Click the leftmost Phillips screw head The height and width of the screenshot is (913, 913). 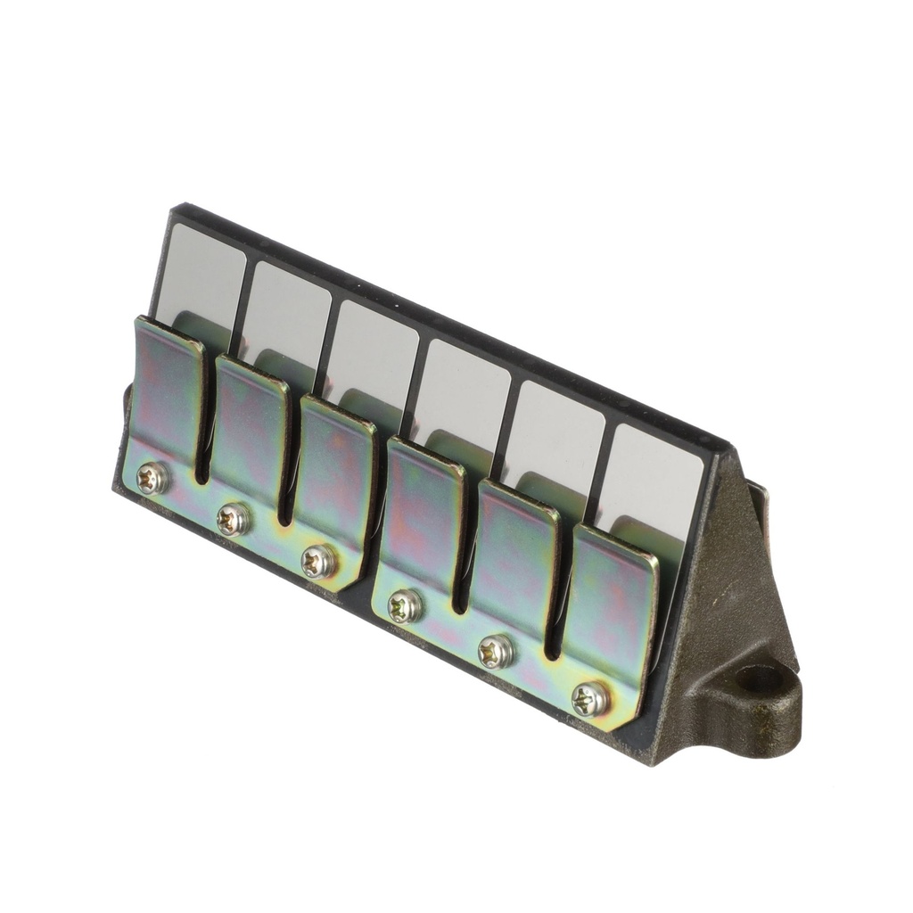152,479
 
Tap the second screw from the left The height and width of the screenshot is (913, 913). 234,518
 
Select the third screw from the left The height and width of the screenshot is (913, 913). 317,561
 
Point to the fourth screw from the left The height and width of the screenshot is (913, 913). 406,606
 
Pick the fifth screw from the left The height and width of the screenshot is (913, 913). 496,652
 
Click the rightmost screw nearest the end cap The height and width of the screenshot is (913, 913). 590,699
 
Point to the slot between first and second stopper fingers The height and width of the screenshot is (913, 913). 203,437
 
